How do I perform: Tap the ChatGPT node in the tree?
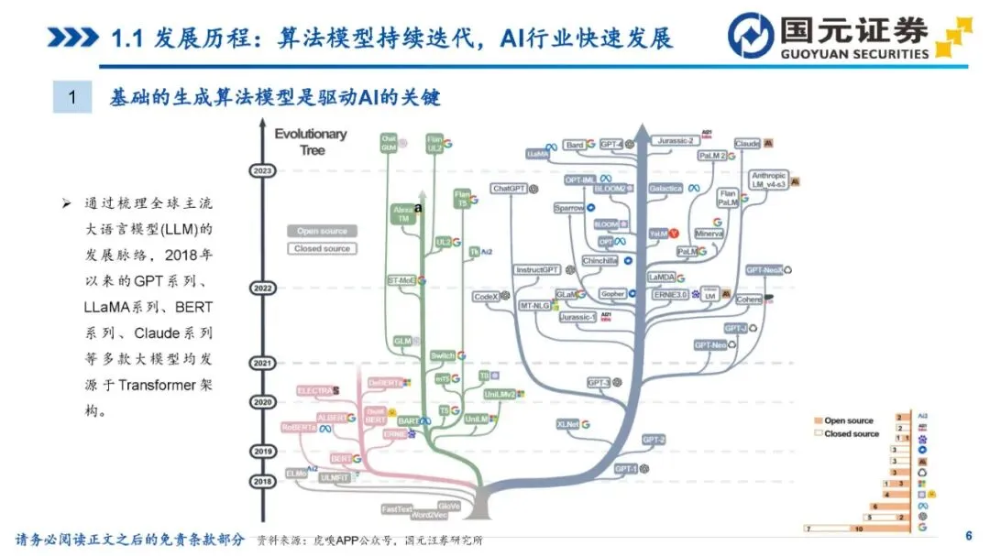[508, 189]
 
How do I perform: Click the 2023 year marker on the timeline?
[262, 171]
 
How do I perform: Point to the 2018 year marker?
[262, 481]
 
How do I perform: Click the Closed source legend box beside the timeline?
[322, 248]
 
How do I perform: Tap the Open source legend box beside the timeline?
[322, 231]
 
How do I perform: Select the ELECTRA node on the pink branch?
[313, 391]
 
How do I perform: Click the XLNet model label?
[568, 425]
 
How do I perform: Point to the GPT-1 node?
[626, 468]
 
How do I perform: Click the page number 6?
[968, 536]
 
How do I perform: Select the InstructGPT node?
[538, 270]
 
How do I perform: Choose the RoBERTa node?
[300, 428]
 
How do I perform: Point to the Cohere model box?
[749, 300]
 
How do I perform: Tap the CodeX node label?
[486, 297]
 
